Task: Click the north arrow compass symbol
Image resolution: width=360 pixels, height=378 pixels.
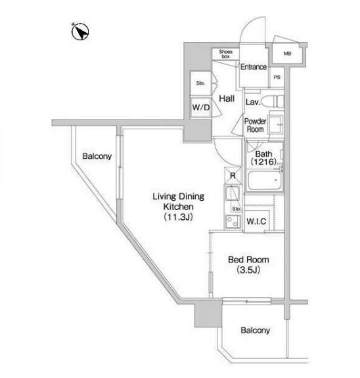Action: pos(80,31)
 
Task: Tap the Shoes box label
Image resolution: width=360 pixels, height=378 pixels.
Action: pos(225,54)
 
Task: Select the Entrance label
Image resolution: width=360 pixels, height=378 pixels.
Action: pos(254,67)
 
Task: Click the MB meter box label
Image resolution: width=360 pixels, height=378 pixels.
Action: pos(287,54)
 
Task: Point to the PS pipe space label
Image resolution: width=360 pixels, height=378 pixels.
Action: pos(277,77)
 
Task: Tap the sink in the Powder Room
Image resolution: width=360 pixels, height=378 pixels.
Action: pos(276,124)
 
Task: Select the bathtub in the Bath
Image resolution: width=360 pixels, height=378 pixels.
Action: pos(265,180)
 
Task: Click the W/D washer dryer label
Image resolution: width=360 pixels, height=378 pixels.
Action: pos(201,108)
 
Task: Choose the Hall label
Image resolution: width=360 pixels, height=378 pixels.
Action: pos(227,98)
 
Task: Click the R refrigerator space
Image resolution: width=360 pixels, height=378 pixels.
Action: pos(233,175)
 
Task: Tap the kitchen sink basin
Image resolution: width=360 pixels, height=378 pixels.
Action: pos(232,194)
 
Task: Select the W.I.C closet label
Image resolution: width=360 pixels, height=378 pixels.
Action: pos(256,221)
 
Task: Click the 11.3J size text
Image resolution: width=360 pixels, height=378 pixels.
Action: pos(178,217)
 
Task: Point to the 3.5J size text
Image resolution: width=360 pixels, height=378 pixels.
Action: pos(248,270)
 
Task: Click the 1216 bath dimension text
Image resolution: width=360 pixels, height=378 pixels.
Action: pos(263,161)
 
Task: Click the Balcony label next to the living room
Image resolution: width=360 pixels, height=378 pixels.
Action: pos(97,156)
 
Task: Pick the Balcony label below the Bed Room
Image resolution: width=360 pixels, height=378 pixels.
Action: pos(255,330)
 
